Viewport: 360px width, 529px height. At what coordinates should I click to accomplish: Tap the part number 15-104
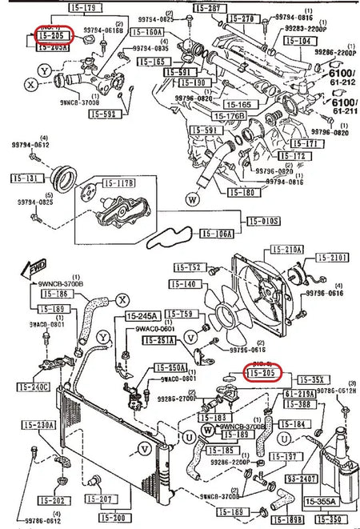pyautogui.click(x=298, y=38)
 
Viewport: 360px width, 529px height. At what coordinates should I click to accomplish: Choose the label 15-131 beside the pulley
pyautogui.click(x=25, y=178)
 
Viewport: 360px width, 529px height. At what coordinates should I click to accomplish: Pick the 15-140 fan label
pyautogui.click(x=186, y=284)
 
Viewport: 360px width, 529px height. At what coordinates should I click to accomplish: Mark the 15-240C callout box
pyautogui.click(x=35, y=387)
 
